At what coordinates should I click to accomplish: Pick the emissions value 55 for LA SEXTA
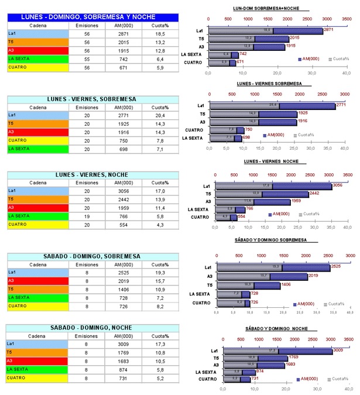point(87,59)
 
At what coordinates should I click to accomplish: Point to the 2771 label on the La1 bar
point(344,105)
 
